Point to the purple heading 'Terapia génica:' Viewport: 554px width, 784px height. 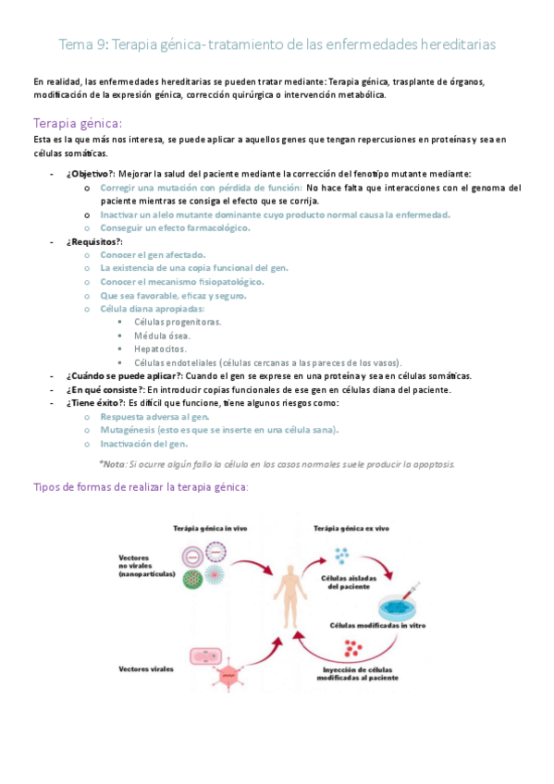tap(77, 123)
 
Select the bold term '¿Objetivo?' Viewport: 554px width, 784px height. tap(90, 174)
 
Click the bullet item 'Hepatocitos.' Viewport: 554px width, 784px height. tap(160, 349)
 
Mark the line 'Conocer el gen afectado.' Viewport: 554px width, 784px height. tap(153, 254)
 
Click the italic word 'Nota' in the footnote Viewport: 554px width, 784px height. tap(115, 464)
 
